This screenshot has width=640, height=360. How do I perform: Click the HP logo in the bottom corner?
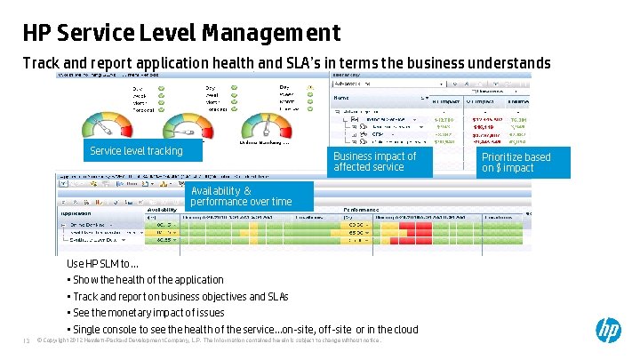(608, 332)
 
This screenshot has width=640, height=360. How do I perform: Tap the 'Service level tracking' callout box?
(141, 151)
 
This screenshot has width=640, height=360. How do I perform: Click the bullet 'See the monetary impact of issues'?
(148, 313)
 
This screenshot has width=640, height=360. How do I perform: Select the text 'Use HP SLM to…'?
(102, 264)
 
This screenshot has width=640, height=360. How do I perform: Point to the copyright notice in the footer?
(209, 339)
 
